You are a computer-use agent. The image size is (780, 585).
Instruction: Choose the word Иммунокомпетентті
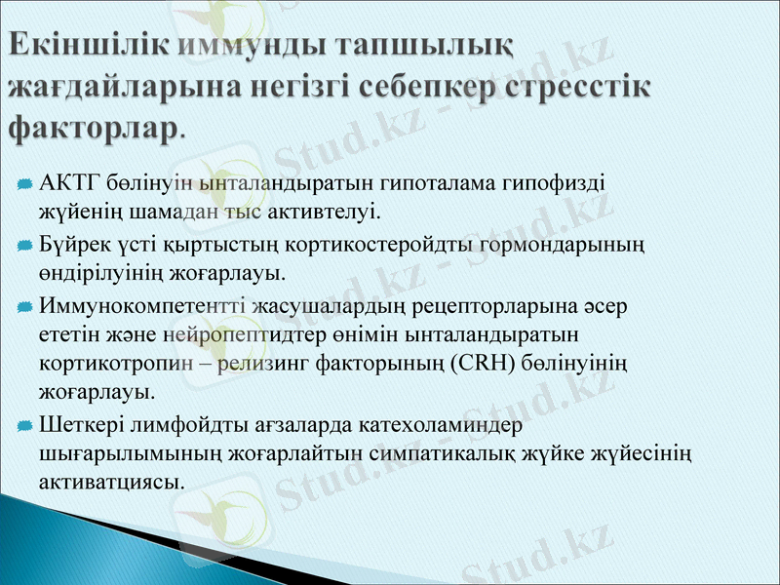tap(142, 306)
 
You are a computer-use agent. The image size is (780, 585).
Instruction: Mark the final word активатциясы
tap(111, 482)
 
